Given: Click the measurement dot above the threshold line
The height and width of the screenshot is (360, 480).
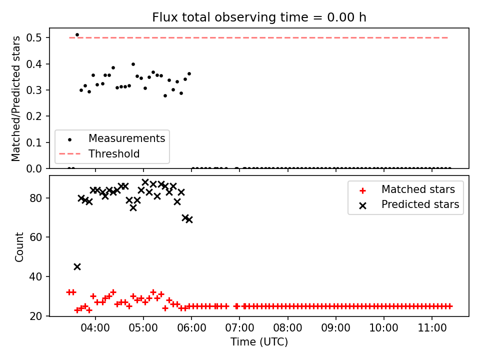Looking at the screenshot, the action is coord(77,35).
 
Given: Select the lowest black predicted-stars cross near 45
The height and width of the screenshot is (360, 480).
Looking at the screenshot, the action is coord(77,267).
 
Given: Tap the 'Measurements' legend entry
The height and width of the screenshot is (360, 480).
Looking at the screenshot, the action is coord(126,138).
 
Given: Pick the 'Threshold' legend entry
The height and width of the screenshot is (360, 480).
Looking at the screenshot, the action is coord(114,153).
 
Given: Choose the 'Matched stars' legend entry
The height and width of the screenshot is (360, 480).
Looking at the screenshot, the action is coord(418,189).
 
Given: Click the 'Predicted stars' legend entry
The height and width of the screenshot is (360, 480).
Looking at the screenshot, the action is coord(420,204).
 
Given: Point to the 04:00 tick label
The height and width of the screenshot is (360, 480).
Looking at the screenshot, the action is coord(95,328).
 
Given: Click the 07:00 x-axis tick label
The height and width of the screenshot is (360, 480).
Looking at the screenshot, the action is coord(239,328).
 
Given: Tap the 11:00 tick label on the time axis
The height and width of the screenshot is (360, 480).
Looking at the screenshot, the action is coord(432,328).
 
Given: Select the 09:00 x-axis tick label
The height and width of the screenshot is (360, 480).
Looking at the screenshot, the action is coord(336,328).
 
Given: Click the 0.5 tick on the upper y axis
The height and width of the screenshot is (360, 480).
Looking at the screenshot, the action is coord(33,37).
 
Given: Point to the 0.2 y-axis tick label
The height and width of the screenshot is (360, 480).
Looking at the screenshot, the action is coord(33,116).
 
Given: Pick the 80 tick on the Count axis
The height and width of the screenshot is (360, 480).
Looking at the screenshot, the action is coord(36,198).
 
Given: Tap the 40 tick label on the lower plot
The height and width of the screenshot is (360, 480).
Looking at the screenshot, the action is coord(36,276).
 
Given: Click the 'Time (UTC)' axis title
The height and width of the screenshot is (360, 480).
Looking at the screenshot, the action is coord(259,342).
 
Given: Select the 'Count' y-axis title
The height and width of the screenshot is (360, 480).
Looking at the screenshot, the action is coord(19,247).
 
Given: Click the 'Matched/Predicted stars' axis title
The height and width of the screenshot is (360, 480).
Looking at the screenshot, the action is coord(15,98).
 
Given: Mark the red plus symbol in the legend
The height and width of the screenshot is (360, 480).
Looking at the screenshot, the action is coord(363,190).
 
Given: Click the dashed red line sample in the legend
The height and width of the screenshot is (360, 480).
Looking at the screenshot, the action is coord(70,153).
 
